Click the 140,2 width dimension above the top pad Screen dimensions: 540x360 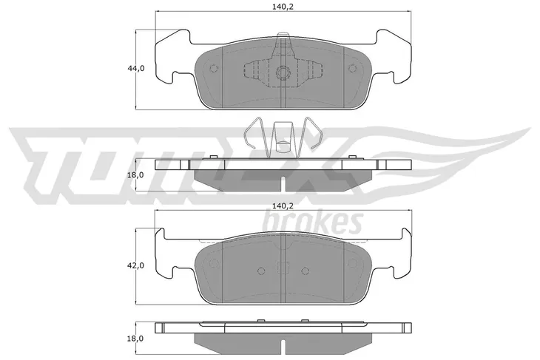click(x=283, y=6)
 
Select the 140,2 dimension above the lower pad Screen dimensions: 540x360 click(x=283, y=206)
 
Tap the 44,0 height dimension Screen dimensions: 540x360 click(x=136, y=68)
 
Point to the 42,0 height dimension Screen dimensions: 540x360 click(x=136, y=265)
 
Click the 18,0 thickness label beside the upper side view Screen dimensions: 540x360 click(x=135, y=175)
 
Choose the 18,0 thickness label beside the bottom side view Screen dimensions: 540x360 click(x=135, y=339)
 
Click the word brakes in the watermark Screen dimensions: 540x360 click(x=313, y=221)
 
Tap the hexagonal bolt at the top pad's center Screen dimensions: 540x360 click(x=283, y=72)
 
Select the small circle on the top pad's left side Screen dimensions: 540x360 click(x=214, y=68)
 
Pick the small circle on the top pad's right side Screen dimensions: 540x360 click(x=351, y=68)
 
